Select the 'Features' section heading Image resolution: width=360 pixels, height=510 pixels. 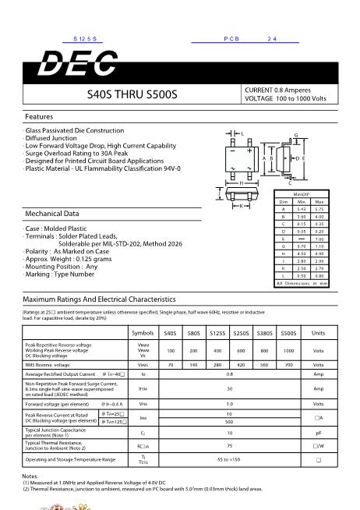(39, 116)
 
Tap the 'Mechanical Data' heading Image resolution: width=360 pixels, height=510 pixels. (53, 213)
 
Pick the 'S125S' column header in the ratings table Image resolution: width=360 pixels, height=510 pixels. (217, 333)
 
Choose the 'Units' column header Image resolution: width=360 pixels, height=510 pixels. (318, 333)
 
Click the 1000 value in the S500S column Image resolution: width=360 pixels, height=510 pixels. (288, 350)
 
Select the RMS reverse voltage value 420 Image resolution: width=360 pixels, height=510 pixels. (241, 364)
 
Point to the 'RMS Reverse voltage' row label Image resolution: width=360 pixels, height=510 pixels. (48, 364)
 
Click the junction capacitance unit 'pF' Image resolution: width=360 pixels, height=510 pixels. (318, 431)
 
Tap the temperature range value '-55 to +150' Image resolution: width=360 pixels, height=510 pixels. (229, 460)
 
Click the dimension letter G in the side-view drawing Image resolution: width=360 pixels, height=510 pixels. (296, 136)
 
